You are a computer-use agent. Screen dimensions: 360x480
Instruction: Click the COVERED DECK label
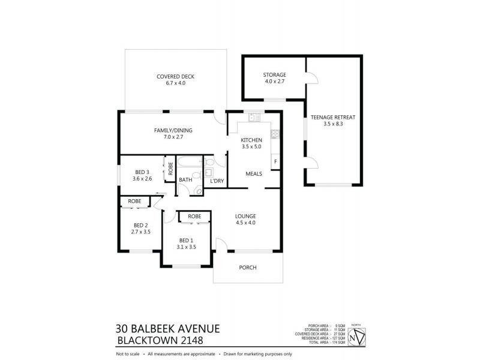pyautogui.click(x=175, y=76)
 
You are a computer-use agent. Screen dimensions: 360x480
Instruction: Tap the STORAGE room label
pyautogui.click(x=274, y=75)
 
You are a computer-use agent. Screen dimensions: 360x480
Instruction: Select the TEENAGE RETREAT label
pyautogui.click(x=333, y=117)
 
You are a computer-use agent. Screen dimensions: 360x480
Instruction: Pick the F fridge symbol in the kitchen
pyautogui.click(x=275, y=161)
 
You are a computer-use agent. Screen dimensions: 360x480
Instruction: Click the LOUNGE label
pyautogui.click(x=246, y=216)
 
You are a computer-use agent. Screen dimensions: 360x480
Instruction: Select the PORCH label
pyautogui.click(x=248, y=268)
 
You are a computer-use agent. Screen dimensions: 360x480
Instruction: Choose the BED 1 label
pyautogui.click(x=187, y=239)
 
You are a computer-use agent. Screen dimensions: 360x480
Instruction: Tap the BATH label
pyautogui.click(x=185, y=179)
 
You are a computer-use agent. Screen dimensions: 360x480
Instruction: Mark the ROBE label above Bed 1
pyautogui.click(x=194, y=216)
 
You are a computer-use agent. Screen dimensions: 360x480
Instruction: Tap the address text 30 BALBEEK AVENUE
pyautogui.click(x=167, y=328)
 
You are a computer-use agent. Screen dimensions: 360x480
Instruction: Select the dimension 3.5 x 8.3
pyautogui.click(x=333, y=124)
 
